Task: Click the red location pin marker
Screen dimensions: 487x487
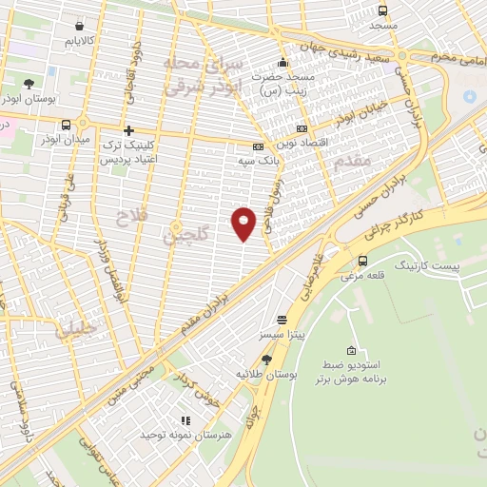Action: point(244,224)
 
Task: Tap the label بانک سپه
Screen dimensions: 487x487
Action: point(259,163)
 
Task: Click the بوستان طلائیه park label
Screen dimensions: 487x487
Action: point(267,376)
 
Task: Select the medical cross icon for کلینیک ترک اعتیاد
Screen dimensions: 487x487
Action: point(128,129)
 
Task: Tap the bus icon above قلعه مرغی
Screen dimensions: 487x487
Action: point(362,261)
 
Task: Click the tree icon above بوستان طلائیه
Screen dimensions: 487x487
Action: point(267,360)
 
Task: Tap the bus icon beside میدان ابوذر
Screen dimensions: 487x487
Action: point(66,125)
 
